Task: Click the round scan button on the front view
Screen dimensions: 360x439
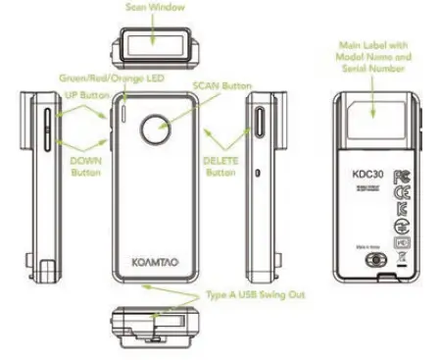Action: pos(154,129)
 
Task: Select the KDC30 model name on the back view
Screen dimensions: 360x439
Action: pos(359,178)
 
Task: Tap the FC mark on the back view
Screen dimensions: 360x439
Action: pos(400,177)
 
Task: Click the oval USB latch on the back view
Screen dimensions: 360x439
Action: pos(369,262)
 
